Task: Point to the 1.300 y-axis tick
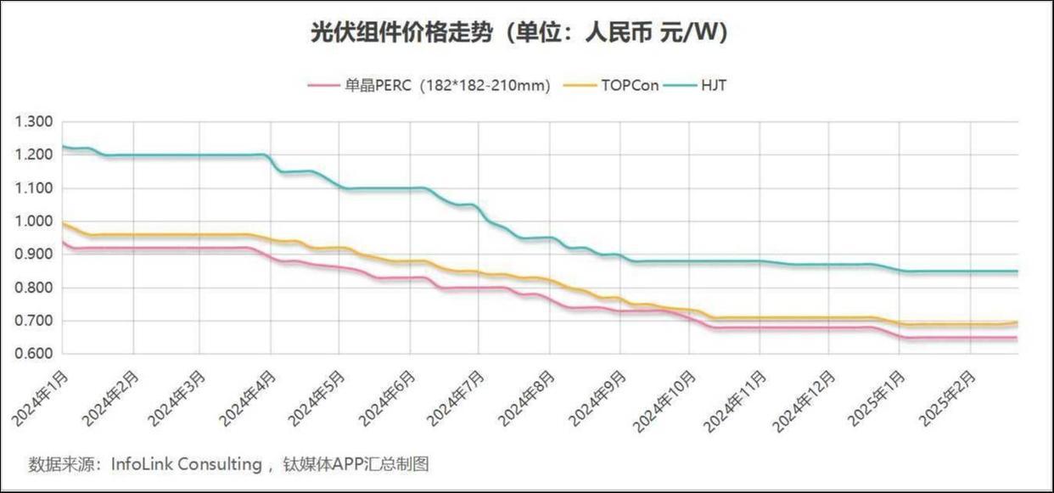click(x=35, y=122)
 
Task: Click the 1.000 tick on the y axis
click(x=35, y=221)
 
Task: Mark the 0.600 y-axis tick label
click(x=35, y=354)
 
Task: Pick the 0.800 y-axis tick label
click(x=35, y=288)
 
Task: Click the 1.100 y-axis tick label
click(x=35, y=188)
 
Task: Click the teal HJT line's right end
click(x=1017, y=272)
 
